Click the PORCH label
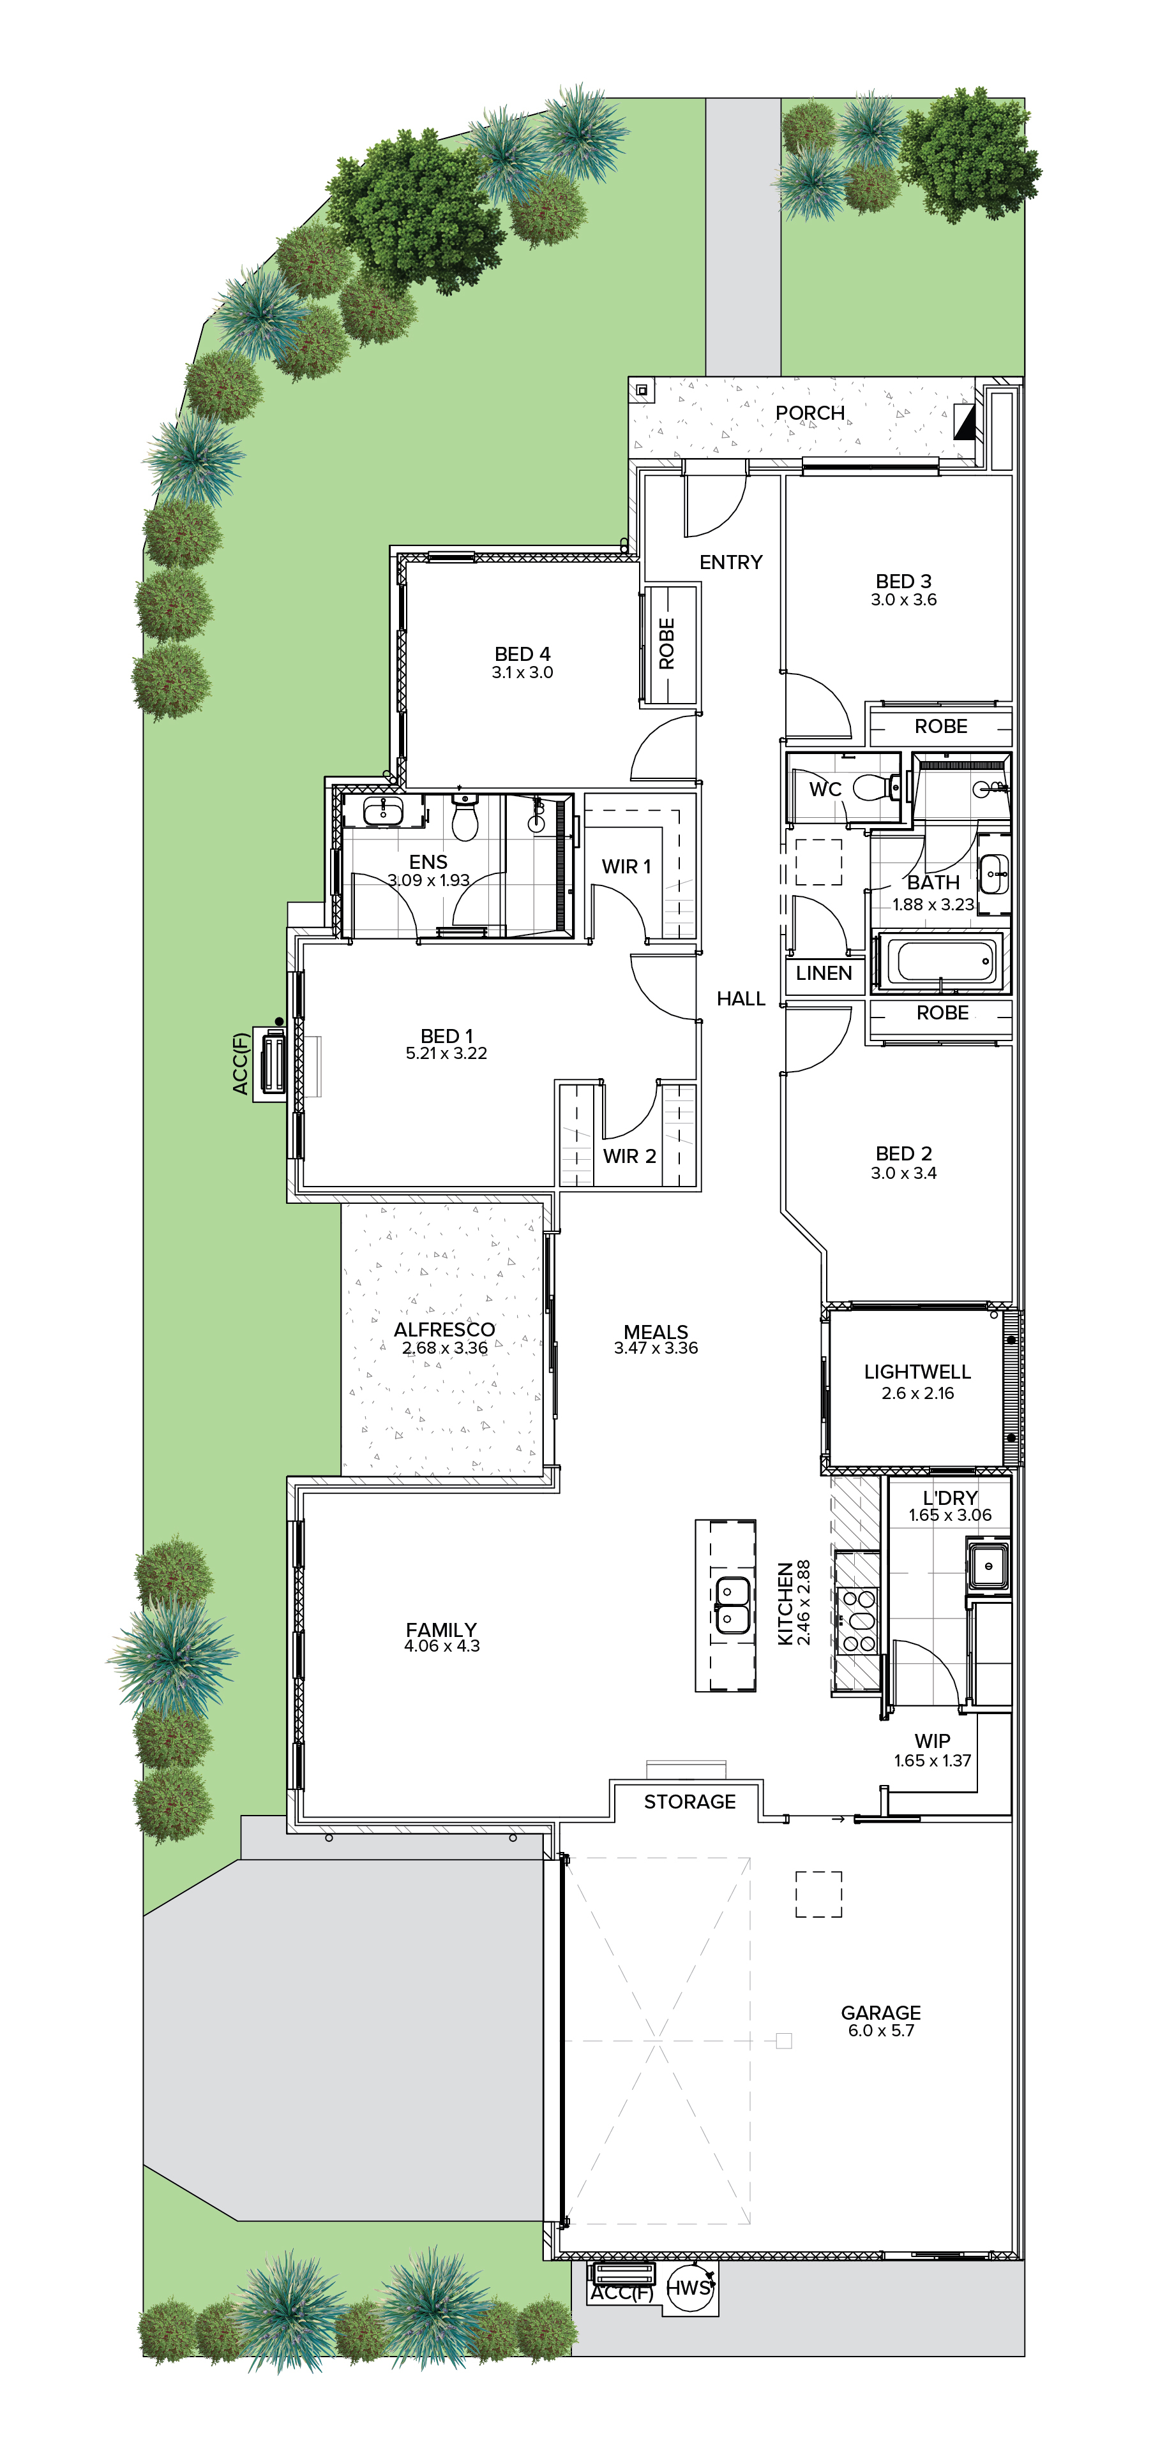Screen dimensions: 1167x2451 click(810, 413)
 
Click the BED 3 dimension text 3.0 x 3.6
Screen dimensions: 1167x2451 click(903, 600)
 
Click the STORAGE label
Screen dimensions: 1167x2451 click(690, 1801)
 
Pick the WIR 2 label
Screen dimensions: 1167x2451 click(629, 1156)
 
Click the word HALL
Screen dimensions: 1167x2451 click(741, 998)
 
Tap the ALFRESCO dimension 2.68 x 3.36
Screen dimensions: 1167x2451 click(444, 1348)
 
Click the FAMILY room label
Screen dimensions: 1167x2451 click(440, 1630)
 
